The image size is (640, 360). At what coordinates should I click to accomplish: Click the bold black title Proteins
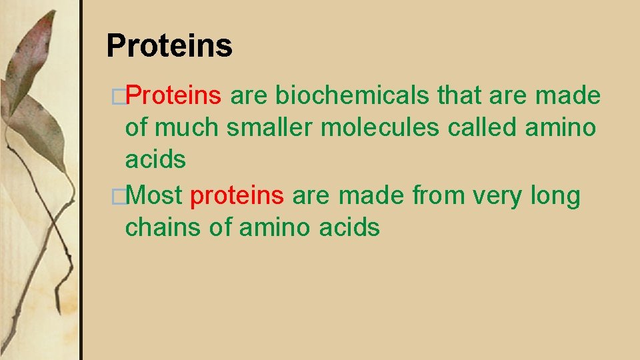point(169,46)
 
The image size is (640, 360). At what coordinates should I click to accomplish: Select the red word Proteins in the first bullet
point(173,96)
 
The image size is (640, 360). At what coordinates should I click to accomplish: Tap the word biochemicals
point(353,96)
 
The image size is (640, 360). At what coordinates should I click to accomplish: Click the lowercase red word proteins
point(237,196)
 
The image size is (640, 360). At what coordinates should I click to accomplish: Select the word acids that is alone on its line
point(155,159)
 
